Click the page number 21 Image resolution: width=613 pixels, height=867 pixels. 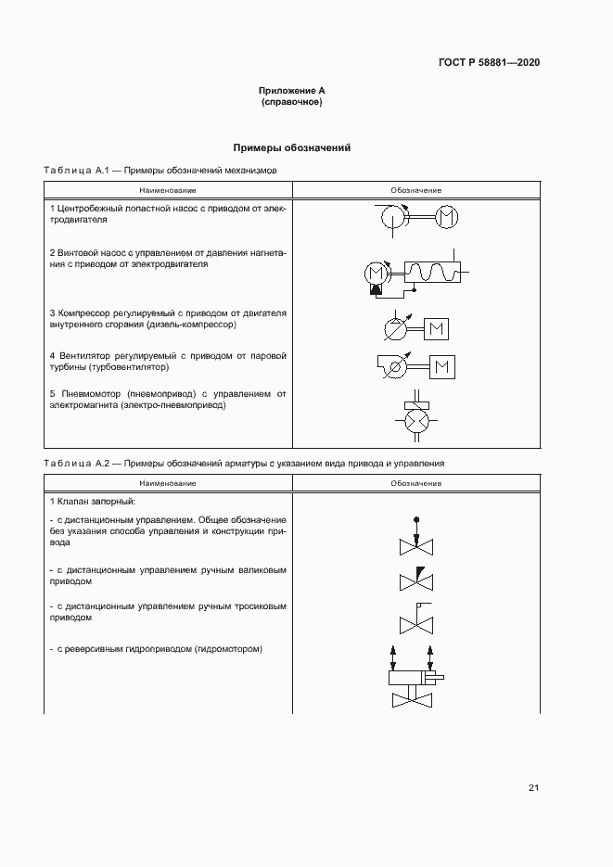[533, 788]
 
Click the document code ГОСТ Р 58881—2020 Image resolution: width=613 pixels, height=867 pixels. [489, 63]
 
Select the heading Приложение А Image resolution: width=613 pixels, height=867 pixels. [292, 91]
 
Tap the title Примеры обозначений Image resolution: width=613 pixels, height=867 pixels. [292, 147]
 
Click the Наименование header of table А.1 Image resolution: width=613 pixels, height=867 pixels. [168, 190]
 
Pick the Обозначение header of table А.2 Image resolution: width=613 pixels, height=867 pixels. [415, 483]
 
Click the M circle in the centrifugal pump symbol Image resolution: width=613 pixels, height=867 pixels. [446, 216]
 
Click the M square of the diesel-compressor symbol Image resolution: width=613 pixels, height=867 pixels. [436, 328]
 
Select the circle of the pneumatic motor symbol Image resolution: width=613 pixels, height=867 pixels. [415, 420]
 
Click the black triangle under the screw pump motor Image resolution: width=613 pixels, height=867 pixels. [375, 290]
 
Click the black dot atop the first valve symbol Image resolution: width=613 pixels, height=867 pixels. [415, 519]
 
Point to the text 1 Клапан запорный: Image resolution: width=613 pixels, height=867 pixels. [93, 502]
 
